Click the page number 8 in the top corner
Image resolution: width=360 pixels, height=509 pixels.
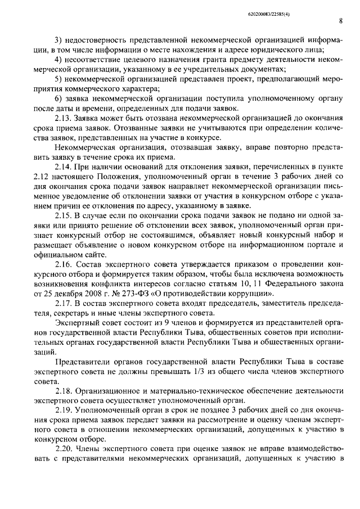coord(341,21)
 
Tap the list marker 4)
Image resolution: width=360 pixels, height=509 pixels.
coord(58,59)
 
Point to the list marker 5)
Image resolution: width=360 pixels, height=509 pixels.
coord(58,79)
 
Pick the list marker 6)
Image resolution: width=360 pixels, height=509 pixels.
coord(58,98)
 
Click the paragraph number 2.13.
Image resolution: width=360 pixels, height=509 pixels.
coord(64,118)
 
